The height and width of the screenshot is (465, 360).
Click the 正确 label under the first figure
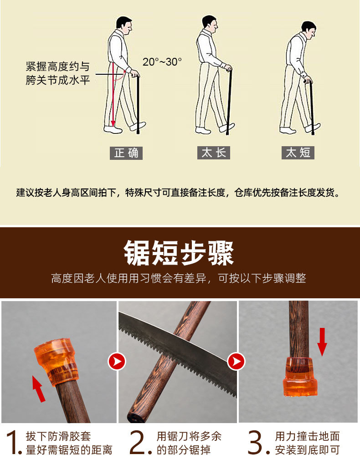coord(126,153)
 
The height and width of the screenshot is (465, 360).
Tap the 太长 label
coord(213,153)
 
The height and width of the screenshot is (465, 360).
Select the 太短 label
coord(298,153)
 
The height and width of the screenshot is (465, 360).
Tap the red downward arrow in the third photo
coord(322,342)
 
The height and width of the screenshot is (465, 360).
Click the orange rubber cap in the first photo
coord(57,360)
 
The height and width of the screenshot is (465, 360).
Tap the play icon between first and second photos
coord(117,362)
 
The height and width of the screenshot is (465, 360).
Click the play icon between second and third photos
coord(236,362)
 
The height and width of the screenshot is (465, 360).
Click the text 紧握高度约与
coord(57,66)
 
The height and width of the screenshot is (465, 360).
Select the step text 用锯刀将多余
coord(189,437)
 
